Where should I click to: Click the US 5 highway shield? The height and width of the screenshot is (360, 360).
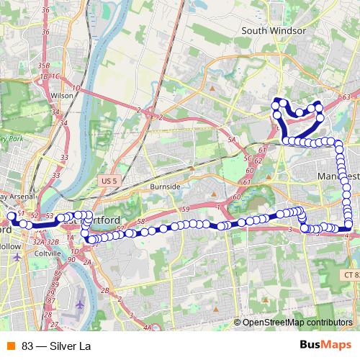click(x=109, y=180)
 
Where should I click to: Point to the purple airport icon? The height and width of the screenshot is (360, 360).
click(x=78, y=303)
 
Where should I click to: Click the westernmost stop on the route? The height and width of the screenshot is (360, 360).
click(x=12, y=217)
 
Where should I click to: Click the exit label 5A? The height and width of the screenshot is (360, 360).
click(x=231, y=139)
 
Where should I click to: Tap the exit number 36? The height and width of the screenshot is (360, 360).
click(x=45, y=32)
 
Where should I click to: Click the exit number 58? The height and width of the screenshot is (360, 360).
click(x=141, y=221)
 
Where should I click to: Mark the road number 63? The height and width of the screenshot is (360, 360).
click(x=346, y=96)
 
